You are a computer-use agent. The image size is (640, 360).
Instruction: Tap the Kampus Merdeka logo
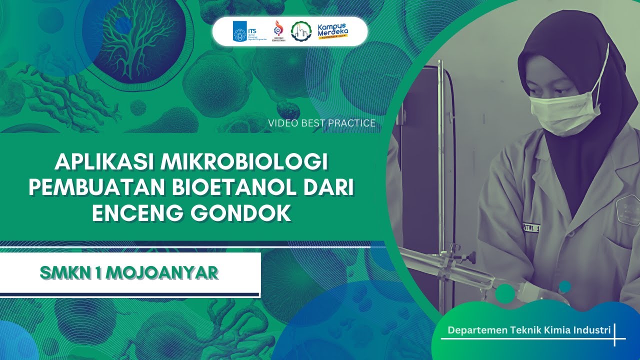pyautogui.click(x=333, y=31)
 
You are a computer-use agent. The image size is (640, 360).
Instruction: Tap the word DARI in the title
pyautogui.click(x=331, y=188)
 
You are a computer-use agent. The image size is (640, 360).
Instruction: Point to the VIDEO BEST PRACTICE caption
pyautogui.click(x=321, y=122)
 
